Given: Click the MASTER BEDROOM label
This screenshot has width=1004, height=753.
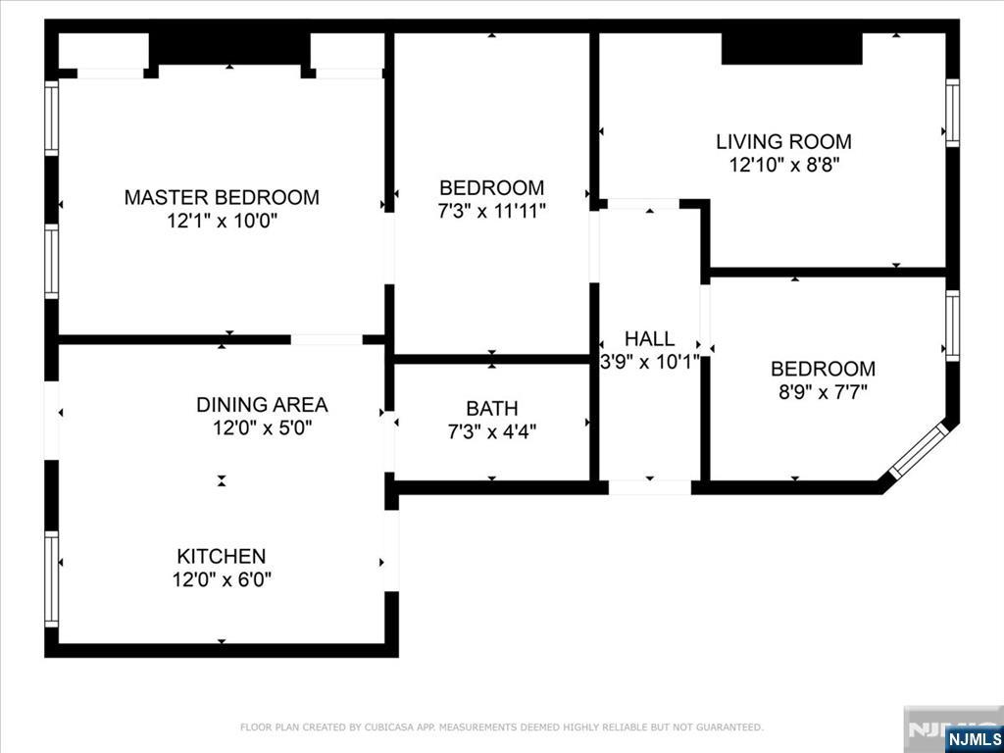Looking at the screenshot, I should tap(221, 197).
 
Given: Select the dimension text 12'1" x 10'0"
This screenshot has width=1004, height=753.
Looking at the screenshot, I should tap(222, 222).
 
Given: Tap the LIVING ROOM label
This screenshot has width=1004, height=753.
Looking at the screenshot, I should tap(782, 141).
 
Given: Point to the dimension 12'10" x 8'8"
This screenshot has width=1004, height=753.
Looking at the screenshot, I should tap(783, 166).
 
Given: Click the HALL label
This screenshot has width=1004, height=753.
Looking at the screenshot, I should tap(649, 338).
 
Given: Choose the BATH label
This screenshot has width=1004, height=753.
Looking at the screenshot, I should tap(491, 408).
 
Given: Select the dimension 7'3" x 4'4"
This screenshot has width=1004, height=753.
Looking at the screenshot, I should tap(491, 431).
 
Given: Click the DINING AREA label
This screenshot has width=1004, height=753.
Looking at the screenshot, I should tap(262, 404).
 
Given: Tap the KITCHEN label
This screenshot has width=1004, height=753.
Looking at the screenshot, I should tap(222, 556).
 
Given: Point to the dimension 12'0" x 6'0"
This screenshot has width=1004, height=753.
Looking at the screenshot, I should tap(222, 579).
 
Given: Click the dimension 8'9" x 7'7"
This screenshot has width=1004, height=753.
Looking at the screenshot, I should tap(822, 393).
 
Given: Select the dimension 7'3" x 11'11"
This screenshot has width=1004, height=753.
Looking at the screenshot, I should tap(491, 211).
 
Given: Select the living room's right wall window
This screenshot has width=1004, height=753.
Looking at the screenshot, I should tap(951, 114).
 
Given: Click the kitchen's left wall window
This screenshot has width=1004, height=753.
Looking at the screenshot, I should tap(51, 578).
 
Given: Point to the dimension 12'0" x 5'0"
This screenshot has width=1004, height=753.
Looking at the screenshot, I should tap(262, 428).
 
